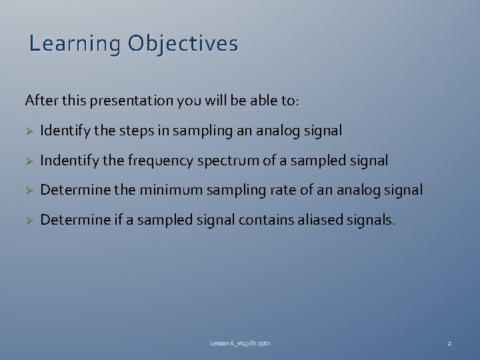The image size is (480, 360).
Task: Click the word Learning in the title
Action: pos(75,44)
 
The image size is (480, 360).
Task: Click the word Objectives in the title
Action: pos(183,44)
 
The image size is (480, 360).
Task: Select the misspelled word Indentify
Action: pos(66,161)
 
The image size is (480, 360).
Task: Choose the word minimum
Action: pos(172,190)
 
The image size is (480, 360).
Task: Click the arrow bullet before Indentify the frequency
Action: pos(29,161)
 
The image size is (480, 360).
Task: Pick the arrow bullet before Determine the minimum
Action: pos(29,191)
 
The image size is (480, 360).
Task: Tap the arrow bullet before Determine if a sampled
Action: pos(29,220)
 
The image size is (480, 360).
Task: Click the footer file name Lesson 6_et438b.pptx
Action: pos(240,343)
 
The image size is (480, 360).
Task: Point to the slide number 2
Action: pos(449,343)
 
